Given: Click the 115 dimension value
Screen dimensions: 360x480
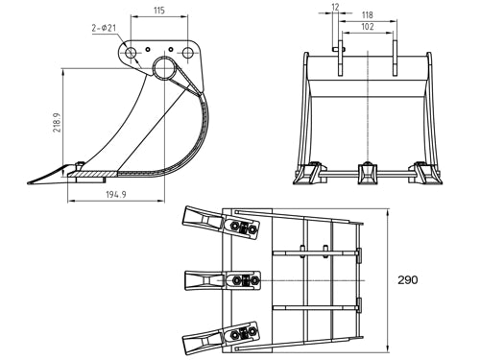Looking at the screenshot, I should point(159,11).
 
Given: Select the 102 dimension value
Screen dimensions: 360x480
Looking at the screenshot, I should point(367,28).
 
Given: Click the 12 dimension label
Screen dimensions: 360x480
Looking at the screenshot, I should point(333,8).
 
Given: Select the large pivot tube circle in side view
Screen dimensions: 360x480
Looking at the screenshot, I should point(163,69).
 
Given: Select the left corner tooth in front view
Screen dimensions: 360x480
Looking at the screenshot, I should point(309,176).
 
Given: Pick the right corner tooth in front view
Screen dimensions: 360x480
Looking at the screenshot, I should point(420,176).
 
